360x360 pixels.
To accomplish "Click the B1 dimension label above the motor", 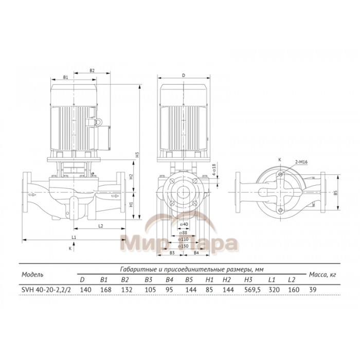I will click(x=65, y=77).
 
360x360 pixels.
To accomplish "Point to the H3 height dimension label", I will click(x=137, y=154).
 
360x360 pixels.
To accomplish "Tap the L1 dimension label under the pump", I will click(x=74, y=237).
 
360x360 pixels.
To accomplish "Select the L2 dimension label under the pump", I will click(x=101, y=226).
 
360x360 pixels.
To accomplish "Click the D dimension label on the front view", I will click(x=184, y=75).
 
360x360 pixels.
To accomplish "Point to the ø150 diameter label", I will click(x=186, y=246).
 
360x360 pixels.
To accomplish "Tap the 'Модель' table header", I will click(x=32, y=274).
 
